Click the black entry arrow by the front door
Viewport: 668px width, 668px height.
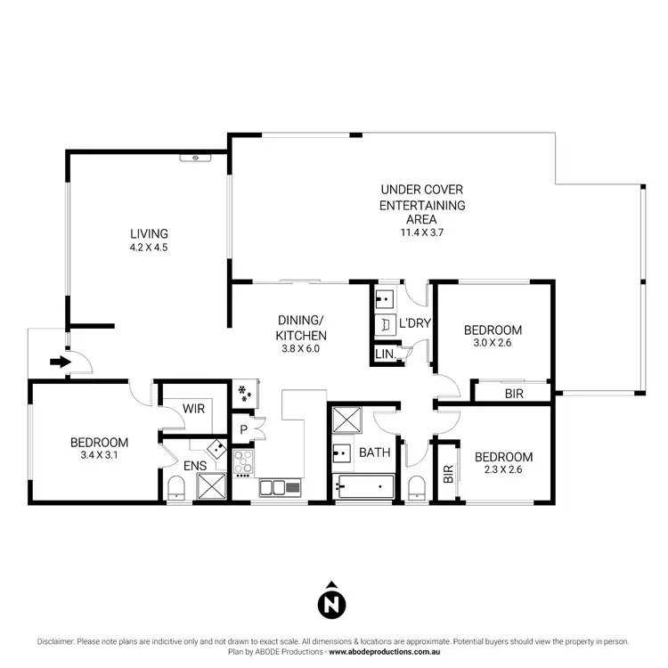60,362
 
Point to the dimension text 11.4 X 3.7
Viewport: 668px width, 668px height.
422,233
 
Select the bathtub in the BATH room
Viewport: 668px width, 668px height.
365,487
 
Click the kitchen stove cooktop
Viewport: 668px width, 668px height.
243,461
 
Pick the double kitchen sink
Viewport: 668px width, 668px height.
280,487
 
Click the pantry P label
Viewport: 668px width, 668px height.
242,429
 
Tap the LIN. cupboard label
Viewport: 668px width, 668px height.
385,355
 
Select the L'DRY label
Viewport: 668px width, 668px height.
414,323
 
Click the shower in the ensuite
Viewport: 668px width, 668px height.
213,485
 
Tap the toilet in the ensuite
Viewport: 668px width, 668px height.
175,486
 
